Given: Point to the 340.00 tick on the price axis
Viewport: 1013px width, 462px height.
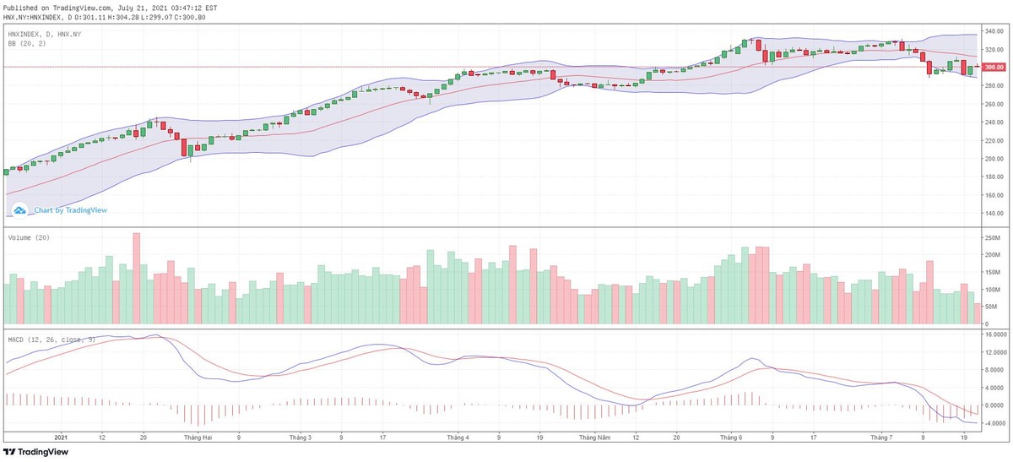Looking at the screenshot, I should [993, 31].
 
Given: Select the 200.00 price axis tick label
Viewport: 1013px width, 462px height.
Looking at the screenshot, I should [993, 159].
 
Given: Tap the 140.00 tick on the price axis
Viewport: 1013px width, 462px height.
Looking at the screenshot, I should [993, 214].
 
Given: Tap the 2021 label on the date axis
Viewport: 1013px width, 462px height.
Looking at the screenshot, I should [60, 438].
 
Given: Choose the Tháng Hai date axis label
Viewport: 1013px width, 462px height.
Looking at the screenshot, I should [198, 438].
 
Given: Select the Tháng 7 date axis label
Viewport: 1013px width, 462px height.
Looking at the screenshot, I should [880, 438].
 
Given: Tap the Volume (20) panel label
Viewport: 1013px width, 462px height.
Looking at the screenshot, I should [29, 238].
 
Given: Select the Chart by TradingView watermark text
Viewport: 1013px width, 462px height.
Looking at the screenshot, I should [71, 210].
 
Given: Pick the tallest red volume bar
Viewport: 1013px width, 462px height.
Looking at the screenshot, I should [137, 279].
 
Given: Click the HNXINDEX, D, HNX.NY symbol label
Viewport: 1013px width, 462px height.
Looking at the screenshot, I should [46, 34].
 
